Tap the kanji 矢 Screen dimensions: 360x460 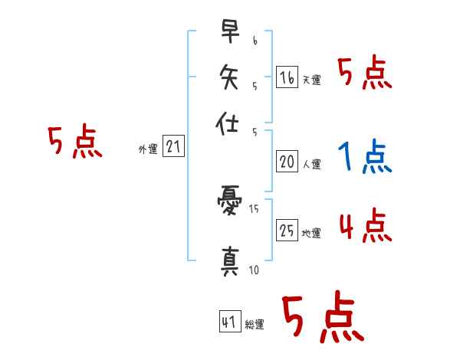[229, 77]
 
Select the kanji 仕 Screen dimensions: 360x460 [229, 123]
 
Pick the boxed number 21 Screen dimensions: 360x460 [173, 146]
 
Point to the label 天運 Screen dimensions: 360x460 [311, 80]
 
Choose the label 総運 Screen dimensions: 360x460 [254, 325]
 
